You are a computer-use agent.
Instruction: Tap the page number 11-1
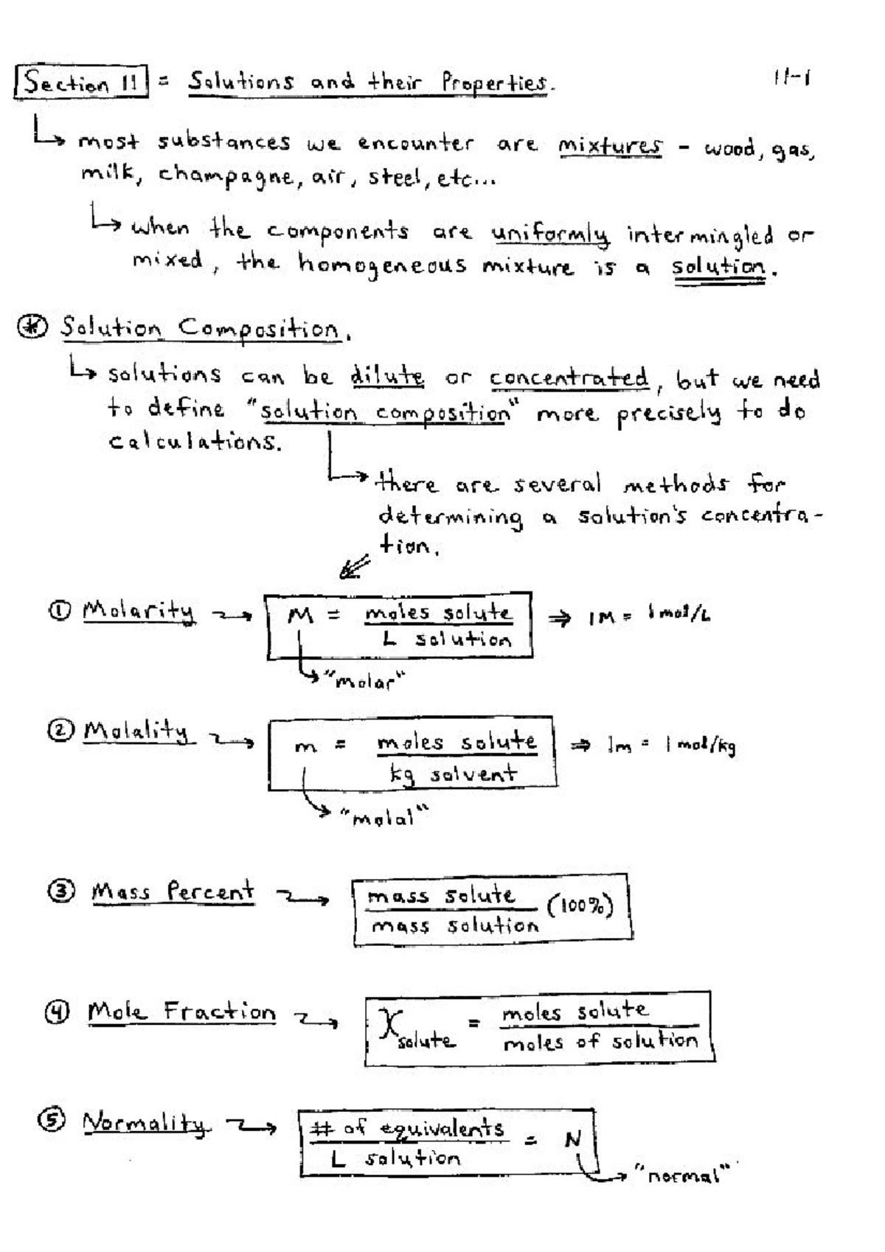click(x=792, y=78)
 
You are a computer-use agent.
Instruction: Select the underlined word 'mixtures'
click(x=610, y=145)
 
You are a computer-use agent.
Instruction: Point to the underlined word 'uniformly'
click(x=551, y=234)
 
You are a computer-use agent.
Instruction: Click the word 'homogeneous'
click(x=382, y=265)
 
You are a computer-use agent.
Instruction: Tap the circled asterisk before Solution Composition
click(x=33, y=327)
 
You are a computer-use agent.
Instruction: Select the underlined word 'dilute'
click(x=387, y=377)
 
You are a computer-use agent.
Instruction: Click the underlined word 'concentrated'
click(x=569, y=378)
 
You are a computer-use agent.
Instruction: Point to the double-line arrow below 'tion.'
click(x=354, y=568)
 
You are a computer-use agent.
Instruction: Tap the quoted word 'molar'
click(x=367, y=681)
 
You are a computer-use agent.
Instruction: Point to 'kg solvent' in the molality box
click(x=453, y=773)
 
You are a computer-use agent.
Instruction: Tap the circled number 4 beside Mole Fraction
click(x=57, y=1012)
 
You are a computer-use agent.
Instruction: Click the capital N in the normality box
click(x=573, y=1140)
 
